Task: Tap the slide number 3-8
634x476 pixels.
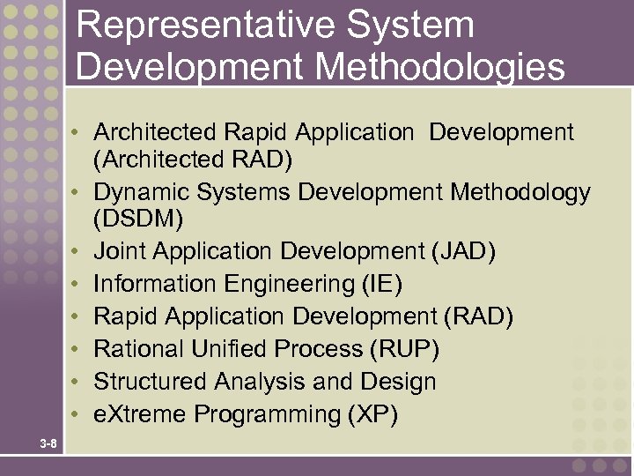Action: (48, 443)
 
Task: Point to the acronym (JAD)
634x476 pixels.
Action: (463, 252)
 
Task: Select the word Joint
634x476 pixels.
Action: (120, 252)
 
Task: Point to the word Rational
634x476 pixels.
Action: (134, 349)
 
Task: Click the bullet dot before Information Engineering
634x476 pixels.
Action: (78, 285)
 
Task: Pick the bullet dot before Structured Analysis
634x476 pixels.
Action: (78, 383)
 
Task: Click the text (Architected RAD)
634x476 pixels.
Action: (193, 160)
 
